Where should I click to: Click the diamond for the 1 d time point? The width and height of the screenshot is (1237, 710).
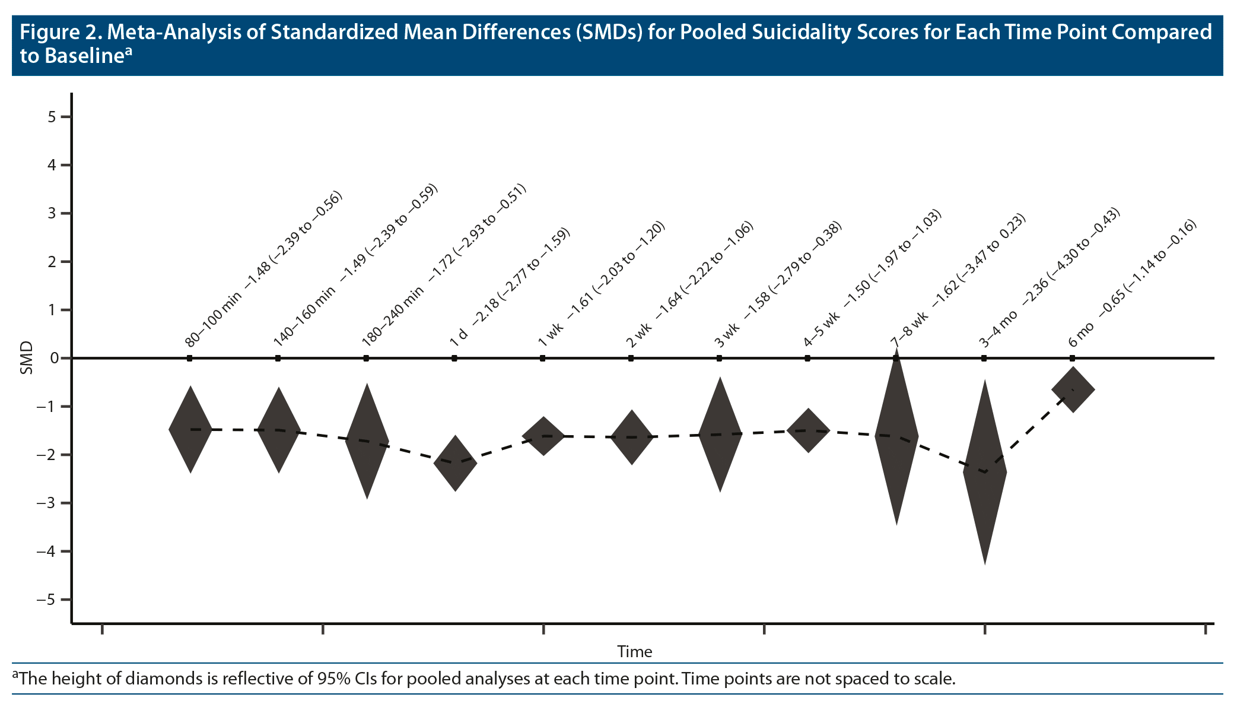pos(455,463)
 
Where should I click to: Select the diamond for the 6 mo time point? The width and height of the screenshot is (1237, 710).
pos(1073,390)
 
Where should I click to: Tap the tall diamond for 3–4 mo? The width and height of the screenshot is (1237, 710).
pos(985,472)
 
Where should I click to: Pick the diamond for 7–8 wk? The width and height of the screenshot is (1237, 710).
pos(896,436)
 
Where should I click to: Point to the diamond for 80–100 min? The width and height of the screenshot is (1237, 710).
pos(190,429)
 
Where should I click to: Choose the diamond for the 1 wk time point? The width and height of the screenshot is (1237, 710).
pos(543,436)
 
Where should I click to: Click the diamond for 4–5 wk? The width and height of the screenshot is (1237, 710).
pos(808,430)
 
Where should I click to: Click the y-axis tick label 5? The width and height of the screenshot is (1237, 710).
pos(52,117)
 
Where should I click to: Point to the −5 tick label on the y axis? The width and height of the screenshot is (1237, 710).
pos(47,600)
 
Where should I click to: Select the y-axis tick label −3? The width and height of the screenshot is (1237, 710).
pos(47,503)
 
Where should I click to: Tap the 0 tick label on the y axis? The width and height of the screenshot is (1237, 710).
pos(54,359)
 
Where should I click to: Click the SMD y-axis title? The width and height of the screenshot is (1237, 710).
pos(26,359)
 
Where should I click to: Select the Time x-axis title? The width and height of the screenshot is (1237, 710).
pos(634,652)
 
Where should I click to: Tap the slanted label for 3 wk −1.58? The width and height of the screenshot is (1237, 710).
pos(778,284)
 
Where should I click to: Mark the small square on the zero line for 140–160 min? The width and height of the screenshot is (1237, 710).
pos(278,359)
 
